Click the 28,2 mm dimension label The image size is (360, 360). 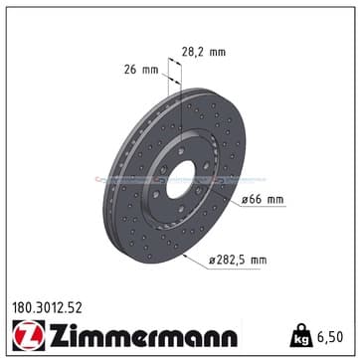204,52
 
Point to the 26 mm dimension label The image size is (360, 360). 141,70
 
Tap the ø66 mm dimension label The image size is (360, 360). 263,200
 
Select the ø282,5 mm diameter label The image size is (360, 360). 238,261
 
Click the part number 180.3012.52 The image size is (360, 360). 47,308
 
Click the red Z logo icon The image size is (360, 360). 29,335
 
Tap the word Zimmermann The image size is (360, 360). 143,335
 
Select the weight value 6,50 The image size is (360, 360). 330,337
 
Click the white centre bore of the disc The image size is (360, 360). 180,180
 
